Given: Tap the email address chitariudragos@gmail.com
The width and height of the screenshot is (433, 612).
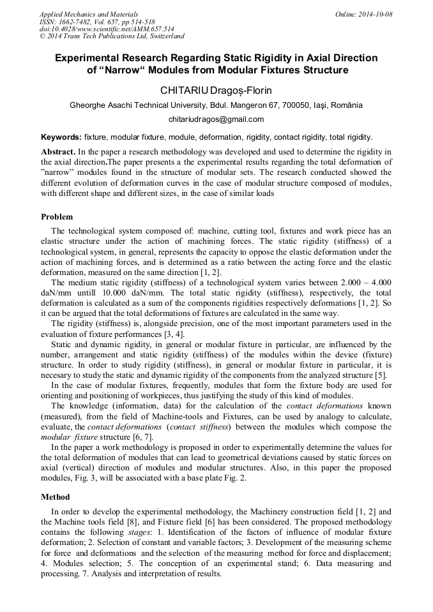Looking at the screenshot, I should tap(216, 119).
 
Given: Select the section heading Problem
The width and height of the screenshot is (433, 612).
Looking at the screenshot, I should tap(57, 217).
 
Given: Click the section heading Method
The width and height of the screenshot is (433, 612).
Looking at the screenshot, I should tap(56, 496).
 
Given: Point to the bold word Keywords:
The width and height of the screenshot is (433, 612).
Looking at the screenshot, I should tap(61, 137).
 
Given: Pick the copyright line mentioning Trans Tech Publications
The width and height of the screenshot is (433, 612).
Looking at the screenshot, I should tap(112, 36).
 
